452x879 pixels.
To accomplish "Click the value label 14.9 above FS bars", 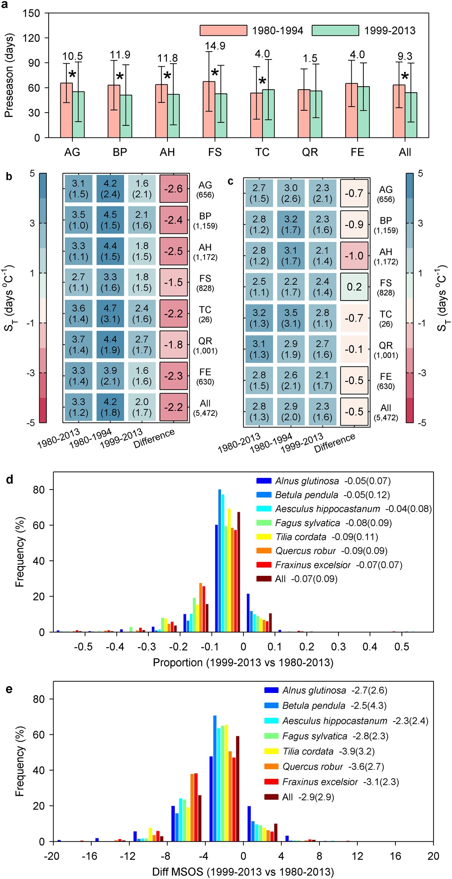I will pyautogui.click(x=215, y=46).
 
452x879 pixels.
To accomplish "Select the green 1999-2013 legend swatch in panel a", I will pyautogui.click(x=335, y=31).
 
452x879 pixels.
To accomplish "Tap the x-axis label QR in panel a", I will pyautogui.click(x=310, y=152).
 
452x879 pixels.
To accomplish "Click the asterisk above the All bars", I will pyautogui.click(x=405, y=77).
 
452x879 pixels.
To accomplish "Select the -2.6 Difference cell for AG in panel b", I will pyautogui.click(x=173, y=189).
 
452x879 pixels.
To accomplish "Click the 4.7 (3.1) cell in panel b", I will pyautogui.click(x=110, y=313).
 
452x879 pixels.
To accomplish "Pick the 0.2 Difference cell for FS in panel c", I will pyautogui.click(x=354, y=287).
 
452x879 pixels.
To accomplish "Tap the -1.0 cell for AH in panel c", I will pyautogui.click(x=354, y=256).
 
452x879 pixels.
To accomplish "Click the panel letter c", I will pyautogui.click(x=230, y=182).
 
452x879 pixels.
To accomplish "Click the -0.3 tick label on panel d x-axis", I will pyautogui.click(x=146, y=647).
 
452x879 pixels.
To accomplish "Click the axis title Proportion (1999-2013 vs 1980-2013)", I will pyautogui.click(x=243, y=662).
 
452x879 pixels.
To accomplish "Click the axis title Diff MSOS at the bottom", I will pyautogui.click(x=243, y=872).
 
